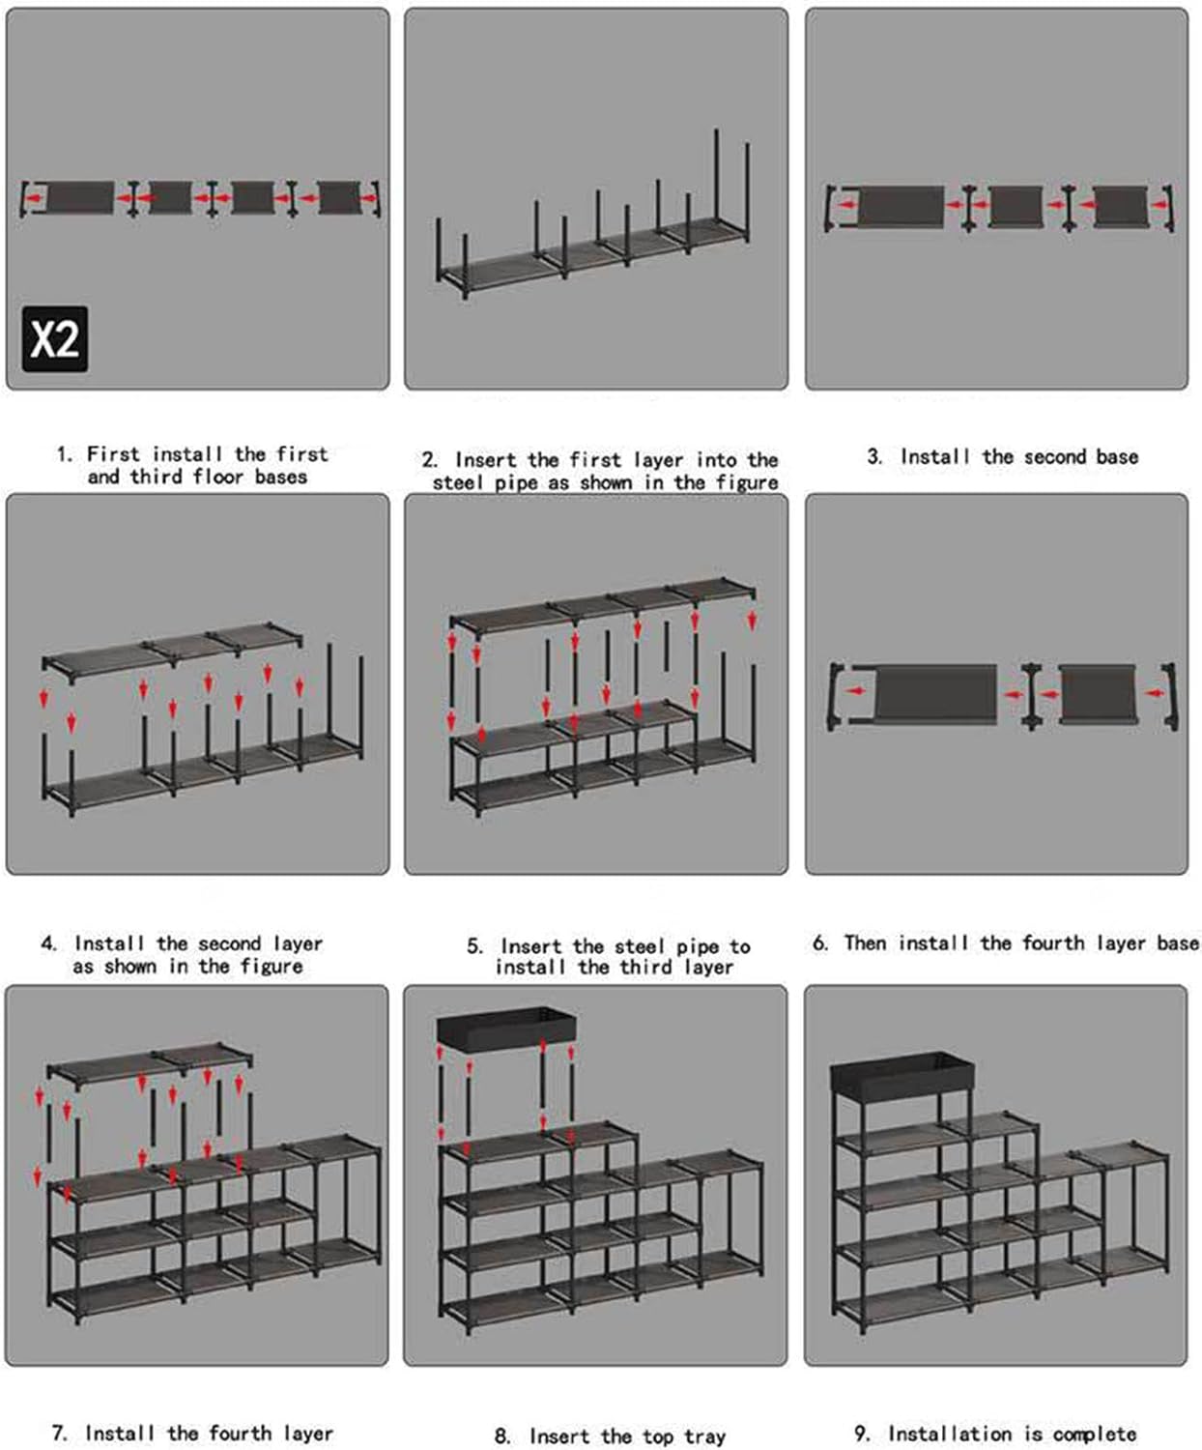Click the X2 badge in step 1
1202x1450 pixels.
55,339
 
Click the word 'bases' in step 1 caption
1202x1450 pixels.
280,478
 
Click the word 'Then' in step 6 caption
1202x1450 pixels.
865,943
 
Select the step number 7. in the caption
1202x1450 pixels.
60,1434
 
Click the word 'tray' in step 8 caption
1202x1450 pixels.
705,1437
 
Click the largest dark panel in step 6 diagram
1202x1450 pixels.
934,693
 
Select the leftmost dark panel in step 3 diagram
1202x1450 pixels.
901,207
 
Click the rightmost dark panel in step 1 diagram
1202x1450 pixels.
339,197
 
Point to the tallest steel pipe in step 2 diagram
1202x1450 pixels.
717,184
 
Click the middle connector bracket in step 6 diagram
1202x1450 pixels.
1031,694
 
